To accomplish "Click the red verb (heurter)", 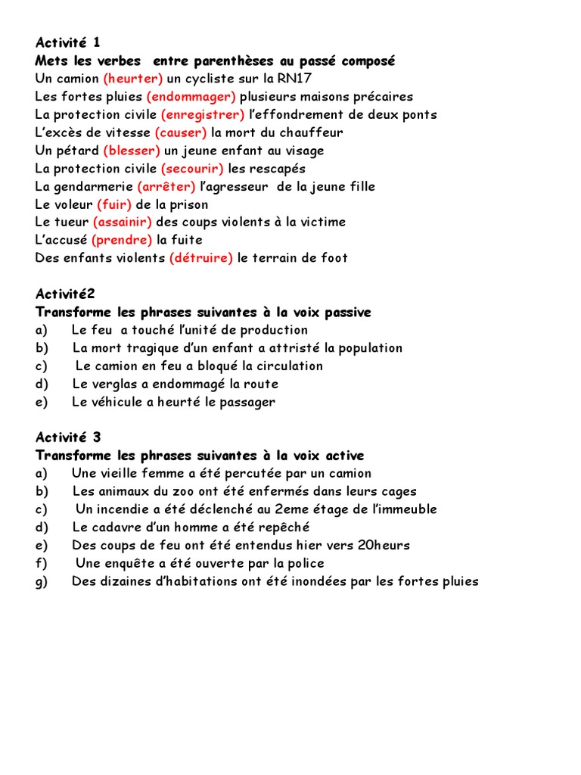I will (133, 79).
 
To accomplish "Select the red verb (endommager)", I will (191, 97).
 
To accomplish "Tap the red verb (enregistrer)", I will (203, 115).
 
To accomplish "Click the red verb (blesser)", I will (133, 151).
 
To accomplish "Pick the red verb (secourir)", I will (192, 169).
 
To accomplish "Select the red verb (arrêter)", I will (166, 186).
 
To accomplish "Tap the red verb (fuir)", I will (114, 204).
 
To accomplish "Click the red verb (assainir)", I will (123, 222).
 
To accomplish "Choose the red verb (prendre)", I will (122, 240).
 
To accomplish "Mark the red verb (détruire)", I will (201, 258).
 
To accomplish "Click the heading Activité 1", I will (67, 43).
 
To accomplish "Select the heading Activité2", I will (65, 294).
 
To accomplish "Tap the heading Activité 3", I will (67, 437).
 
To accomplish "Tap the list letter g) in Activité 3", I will (42, 581).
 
